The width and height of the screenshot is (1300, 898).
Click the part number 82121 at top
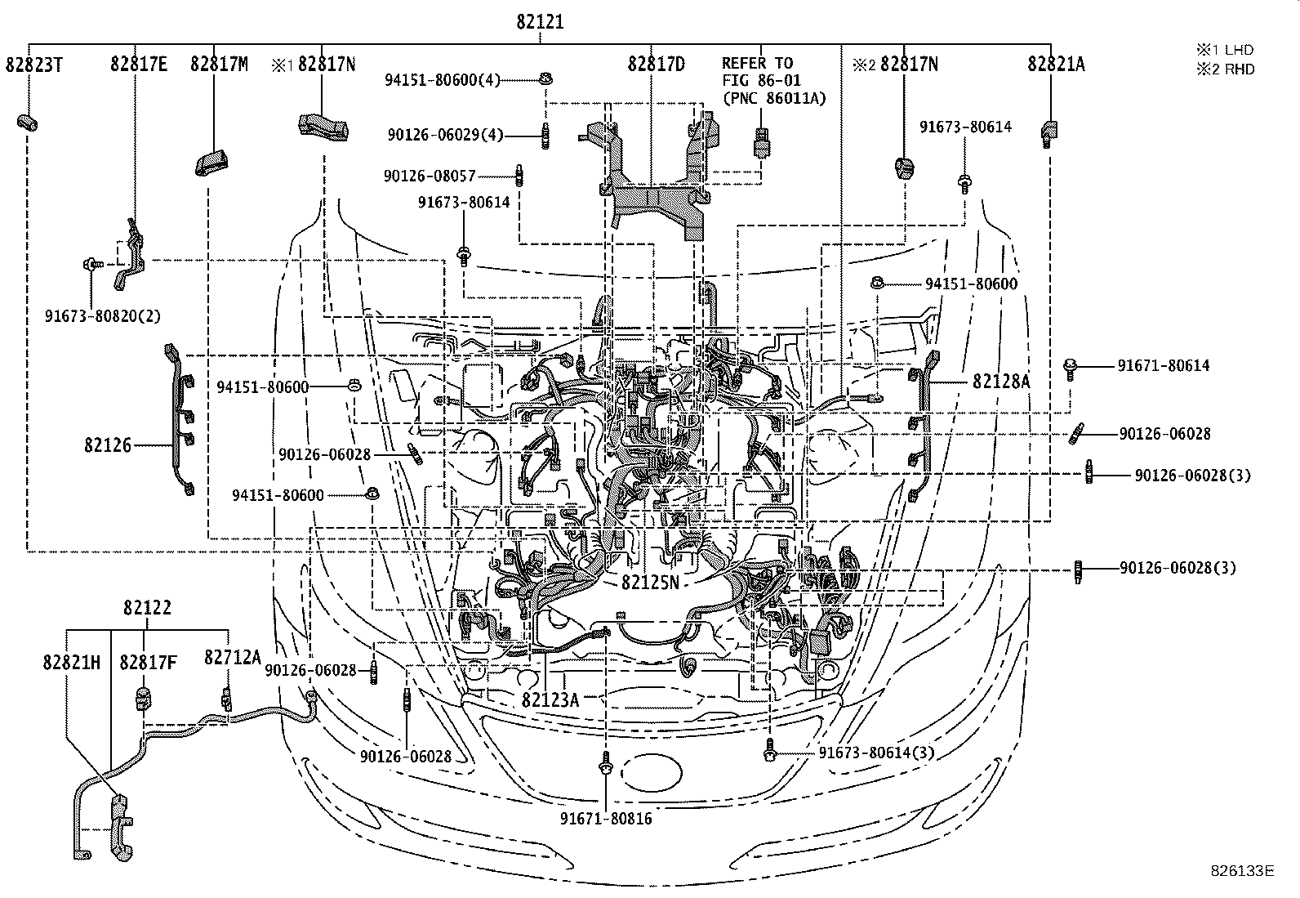[x=539, y=23]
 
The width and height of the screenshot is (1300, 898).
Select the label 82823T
[x=34, y=65]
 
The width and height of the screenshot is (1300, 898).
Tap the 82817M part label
[x=219, y=65]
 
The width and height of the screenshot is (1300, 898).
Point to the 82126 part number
[x=107, y=445]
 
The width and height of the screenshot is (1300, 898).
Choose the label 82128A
[x=1001, y=382]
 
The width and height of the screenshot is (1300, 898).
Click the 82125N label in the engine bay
[x=650, y=583]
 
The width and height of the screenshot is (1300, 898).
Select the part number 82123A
[x=550, y=699]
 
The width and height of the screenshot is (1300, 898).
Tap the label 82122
[x=147, y=608]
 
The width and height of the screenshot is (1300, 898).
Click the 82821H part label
[x=72, y=663]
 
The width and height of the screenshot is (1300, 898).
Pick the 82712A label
[x=233, y=658]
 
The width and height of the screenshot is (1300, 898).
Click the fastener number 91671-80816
[x=606, y=818]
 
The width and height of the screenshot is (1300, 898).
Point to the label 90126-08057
[x=430, y=176]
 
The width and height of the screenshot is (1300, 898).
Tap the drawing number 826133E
[x=1242, y=871]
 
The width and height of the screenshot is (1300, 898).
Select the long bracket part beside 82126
[x=180, y=421]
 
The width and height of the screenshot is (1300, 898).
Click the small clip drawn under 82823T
[x=28, y=123]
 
